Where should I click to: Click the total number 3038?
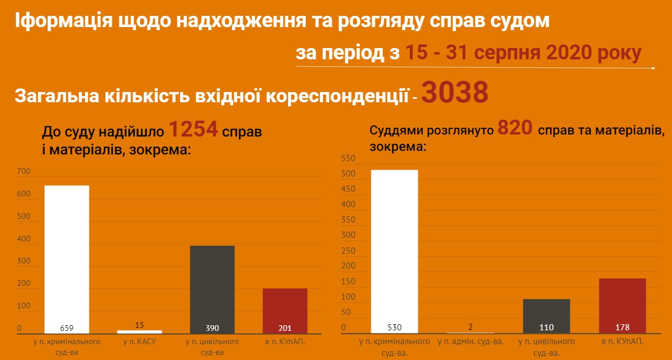(455, 93)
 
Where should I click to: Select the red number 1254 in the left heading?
(193, 130)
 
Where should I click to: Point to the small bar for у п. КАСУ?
(139, 332)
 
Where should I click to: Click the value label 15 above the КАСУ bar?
(139, 324)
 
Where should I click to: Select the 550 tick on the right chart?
(348, 159)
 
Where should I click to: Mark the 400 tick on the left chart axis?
(24, 239)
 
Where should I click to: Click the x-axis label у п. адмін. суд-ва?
(471, 342)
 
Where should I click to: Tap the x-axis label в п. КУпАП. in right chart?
(622, 342)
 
